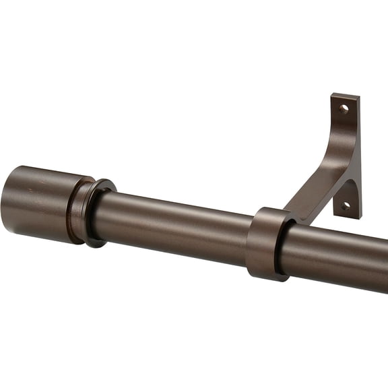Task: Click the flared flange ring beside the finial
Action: point(98,213)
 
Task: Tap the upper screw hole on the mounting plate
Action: point(344,108)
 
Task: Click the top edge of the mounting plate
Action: point(345,95)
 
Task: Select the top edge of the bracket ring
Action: point(269,210)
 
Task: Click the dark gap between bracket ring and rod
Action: point(279,249)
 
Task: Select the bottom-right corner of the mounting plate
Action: point(360,217)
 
